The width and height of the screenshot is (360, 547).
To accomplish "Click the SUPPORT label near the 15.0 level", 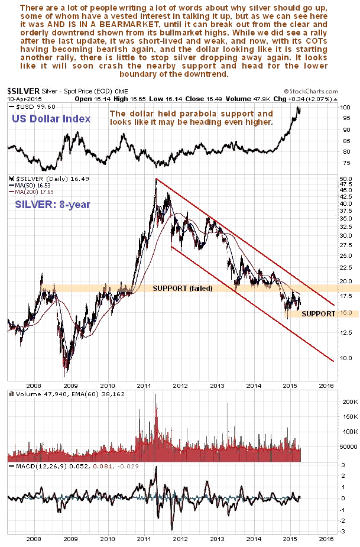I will [319, 313].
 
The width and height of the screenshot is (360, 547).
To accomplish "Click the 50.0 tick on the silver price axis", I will [346, 178].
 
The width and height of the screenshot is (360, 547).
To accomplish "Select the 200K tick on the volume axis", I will [347, 402].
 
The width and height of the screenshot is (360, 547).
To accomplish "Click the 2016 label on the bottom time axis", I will [326, 539].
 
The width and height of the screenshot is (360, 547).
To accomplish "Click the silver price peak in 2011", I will [156, 179].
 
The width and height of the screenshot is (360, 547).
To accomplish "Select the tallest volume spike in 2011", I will [156, 395].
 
